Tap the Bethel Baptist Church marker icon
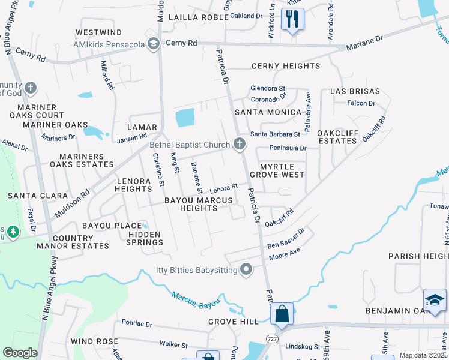click(x=240, y=144)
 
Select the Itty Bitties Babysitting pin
click(x=246, y=270)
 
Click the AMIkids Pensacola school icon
click(x=154, y=43)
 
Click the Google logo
click(x=20, y=353)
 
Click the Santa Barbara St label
click(x=275, y=134)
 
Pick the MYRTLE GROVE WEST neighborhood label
click(x=282, y=170)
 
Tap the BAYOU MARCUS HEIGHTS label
click(x=191, y=203)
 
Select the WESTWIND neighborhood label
click(x=99, y=32)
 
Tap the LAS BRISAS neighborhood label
click(x=355, y=91)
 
